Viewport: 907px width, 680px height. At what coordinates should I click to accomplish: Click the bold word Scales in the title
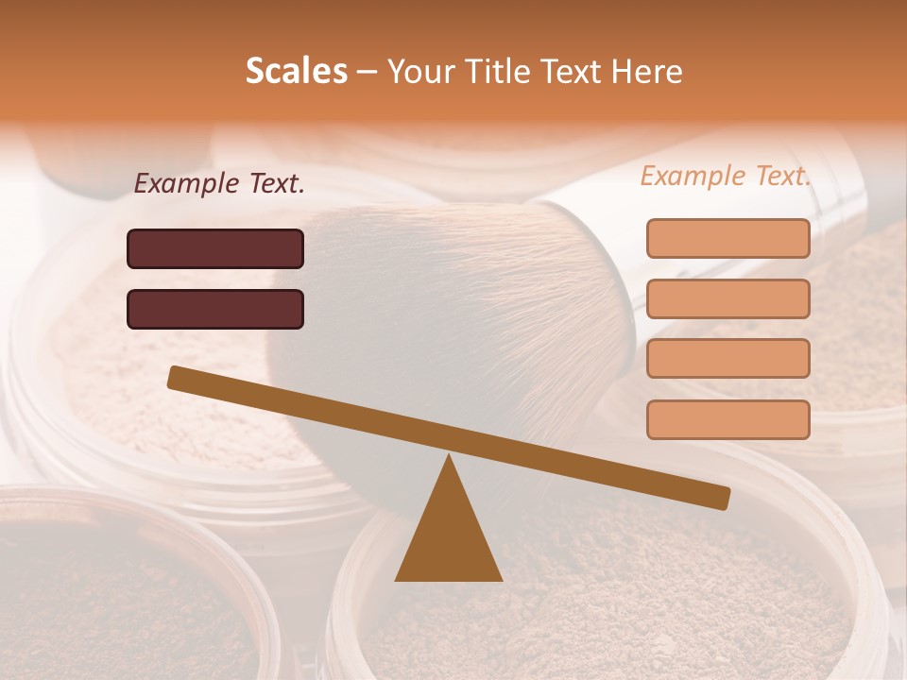tap(297, 72)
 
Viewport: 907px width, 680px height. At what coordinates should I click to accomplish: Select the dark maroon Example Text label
tap(219, 184)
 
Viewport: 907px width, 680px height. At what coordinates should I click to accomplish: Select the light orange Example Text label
tap(726, 176)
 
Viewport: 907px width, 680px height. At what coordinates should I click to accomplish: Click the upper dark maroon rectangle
tap(215, 249)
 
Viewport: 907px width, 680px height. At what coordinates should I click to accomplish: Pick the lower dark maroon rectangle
tap(215, 309)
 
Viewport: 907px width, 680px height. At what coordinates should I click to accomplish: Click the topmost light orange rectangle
tap(727, 239)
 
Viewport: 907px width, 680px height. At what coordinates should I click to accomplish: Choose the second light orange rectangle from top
tap(727, 298)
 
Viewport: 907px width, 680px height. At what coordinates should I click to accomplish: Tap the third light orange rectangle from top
tap(727, 359)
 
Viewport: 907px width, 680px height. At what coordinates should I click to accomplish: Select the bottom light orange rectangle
tap(727, 419)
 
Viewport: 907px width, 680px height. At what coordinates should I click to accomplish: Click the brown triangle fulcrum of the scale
tap(449, 538)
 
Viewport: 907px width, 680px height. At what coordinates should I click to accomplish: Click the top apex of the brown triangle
tap(449, 459)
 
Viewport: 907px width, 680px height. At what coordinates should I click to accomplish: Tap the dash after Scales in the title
tap(368, 72)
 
